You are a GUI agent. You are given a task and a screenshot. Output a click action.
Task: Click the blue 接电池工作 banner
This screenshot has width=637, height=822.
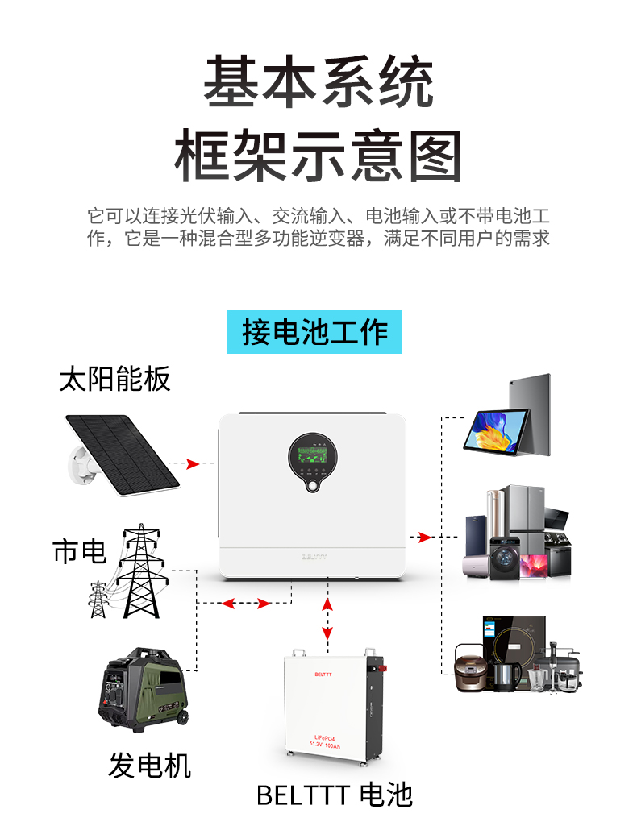(x=314, y=332)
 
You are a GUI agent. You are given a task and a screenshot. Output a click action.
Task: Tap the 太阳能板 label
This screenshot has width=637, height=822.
(x=114, y=380)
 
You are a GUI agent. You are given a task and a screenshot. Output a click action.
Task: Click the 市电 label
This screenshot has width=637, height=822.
(x=79, y=552)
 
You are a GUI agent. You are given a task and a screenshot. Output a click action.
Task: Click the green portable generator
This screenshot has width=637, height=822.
(x=145, y=687)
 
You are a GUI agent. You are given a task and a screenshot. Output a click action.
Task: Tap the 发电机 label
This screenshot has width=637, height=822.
(x=149, y=765)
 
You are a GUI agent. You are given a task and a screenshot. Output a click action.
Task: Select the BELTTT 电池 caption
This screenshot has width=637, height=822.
(x=335, y=795)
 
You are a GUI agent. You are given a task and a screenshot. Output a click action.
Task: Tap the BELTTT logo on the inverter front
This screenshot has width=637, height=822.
(x=311, y=556)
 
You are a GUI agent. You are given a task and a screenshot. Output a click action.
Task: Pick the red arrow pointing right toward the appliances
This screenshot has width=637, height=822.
(x=425, y=537)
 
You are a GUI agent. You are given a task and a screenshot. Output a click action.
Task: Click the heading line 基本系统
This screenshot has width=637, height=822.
(x=318, y=82)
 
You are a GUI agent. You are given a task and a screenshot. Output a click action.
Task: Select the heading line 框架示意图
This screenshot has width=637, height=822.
(x=318, y=155)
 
